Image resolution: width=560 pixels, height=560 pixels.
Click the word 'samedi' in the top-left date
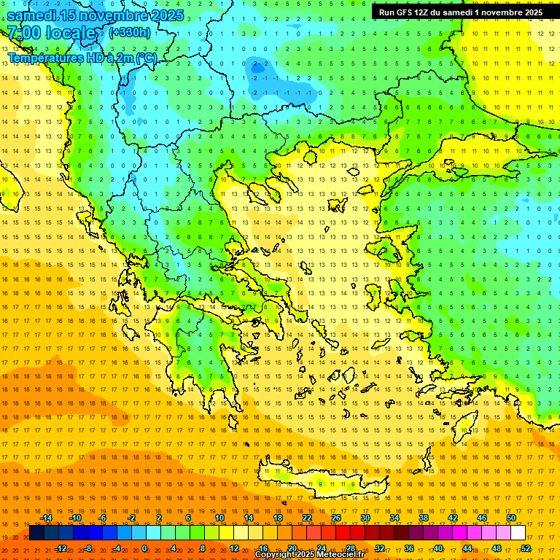(x=36, y=15)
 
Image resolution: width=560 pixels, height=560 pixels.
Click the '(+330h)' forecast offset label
(x=130, y=32)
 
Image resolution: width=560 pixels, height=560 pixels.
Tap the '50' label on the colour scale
(x=510, y=518)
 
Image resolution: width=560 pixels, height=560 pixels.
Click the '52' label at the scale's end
(x=525, y=548)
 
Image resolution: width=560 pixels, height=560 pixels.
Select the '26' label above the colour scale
(x=335, y=518)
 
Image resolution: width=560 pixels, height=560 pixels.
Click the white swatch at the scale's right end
(x=518, y=533)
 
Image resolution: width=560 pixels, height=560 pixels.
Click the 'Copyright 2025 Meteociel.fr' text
(x=309, y=555)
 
